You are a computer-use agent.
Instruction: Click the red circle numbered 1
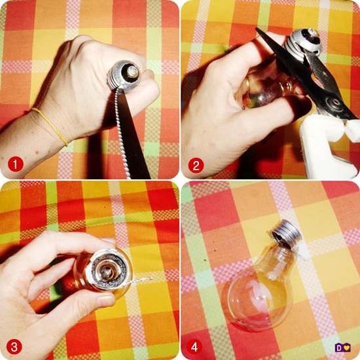click(x=16, y=164)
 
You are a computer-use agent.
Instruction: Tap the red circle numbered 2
click(x=196, y=166)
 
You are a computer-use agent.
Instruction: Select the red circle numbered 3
click(x=14, y=347)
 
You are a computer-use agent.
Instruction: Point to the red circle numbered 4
click(x=194, y=347)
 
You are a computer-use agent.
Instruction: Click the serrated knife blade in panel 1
click(x=132, y=135)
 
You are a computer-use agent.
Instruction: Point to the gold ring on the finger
click(x=247, y=84)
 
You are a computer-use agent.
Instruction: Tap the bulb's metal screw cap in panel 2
click(x=302, y=43)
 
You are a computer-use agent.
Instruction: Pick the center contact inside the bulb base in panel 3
click(x=107, y=272)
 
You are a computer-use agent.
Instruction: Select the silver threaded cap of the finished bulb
click(x=286, y=232)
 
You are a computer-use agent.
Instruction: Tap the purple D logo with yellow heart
click(x=342, y=348)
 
